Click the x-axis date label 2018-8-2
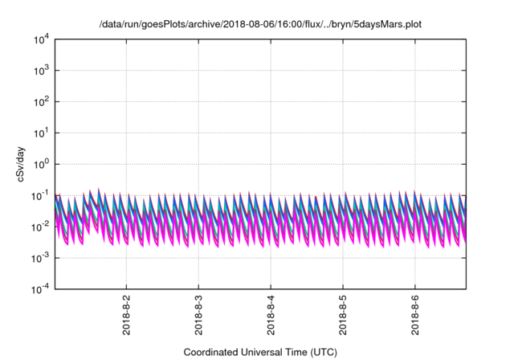126,317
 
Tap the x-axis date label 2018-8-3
198,317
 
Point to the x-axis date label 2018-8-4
271,317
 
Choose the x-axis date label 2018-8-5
343,317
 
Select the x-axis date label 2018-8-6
414,317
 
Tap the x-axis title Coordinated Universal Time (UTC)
259,352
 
